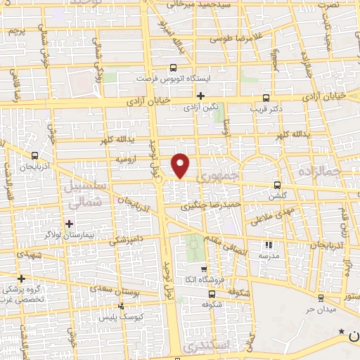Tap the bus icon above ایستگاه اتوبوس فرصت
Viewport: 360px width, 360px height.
point(173,69)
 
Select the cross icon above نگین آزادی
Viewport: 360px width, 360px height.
point(200,96)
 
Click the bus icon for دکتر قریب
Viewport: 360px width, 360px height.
point(266,98)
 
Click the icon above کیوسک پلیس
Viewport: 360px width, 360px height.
point(122,306)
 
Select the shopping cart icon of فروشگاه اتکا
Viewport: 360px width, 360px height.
point(204,269)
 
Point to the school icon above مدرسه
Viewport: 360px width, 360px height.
point(267,245)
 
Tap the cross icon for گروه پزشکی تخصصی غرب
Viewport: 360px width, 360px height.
point(22,278)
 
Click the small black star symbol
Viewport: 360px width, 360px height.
point(341,331)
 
